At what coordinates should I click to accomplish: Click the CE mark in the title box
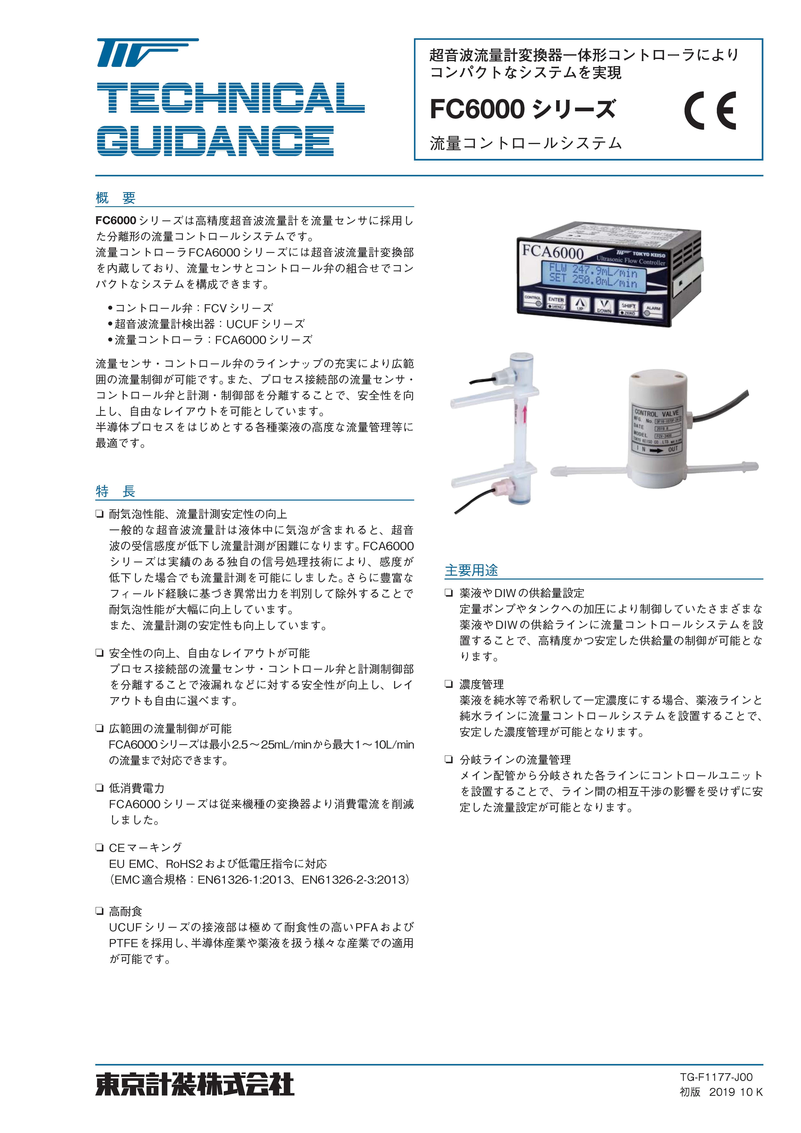710,111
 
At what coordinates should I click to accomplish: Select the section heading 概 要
116,198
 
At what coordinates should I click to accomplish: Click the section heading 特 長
116,491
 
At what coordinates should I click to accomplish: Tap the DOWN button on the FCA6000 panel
603,306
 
